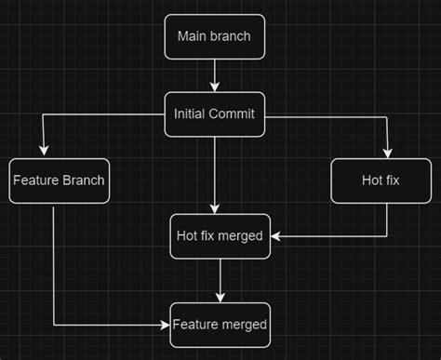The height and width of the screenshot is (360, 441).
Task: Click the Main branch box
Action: pyautogui.click(x=214, y=38)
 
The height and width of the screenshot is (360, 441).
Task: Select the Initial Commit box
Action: pyautogui.click(x=214, y=114)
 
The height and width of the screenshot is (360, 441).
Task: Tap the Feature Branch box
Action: pyautogui.click(x=59, y=180)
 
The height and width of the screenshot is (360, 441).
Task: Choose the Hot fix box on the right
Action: pyautogui.click(x=381, y=180)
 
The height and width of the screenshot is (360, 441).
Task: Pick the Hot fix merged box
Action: pyautogui.click(x=220, y=236)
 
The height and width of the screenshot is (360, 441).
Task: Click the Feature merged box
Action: pyautogui.click(x=220, y=325)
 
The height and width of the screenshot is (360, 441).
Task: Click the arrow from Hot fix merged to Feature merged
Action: pyautogui.click(x=220, y=280)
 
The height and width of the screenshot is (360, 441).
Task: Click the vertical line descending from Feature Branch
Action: pyautogui.click(x=54, y=265)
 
